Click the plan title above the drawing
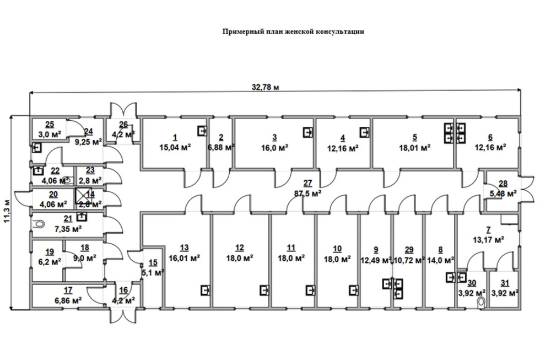click(x=293, y=32)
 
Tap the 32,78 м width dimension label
click(x=266, y=87)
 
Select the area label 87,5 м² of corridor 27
click(x=307, y=194)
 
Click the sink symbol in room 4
click(x=364, y=132)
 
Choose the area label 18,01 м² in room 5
click(x=414, y=147)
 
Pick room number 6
click(x=490, y=137)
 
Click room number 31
click(x=504, y=283)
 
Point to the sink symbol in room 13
click(x=204, y=289)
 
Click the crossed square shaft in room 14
click(x=81, y=195)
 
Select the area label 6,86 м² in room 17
click(x=68, y=300)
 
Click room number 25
click(x=50, y=125)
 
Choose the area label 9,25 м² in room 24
click(x=88, y=141)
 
